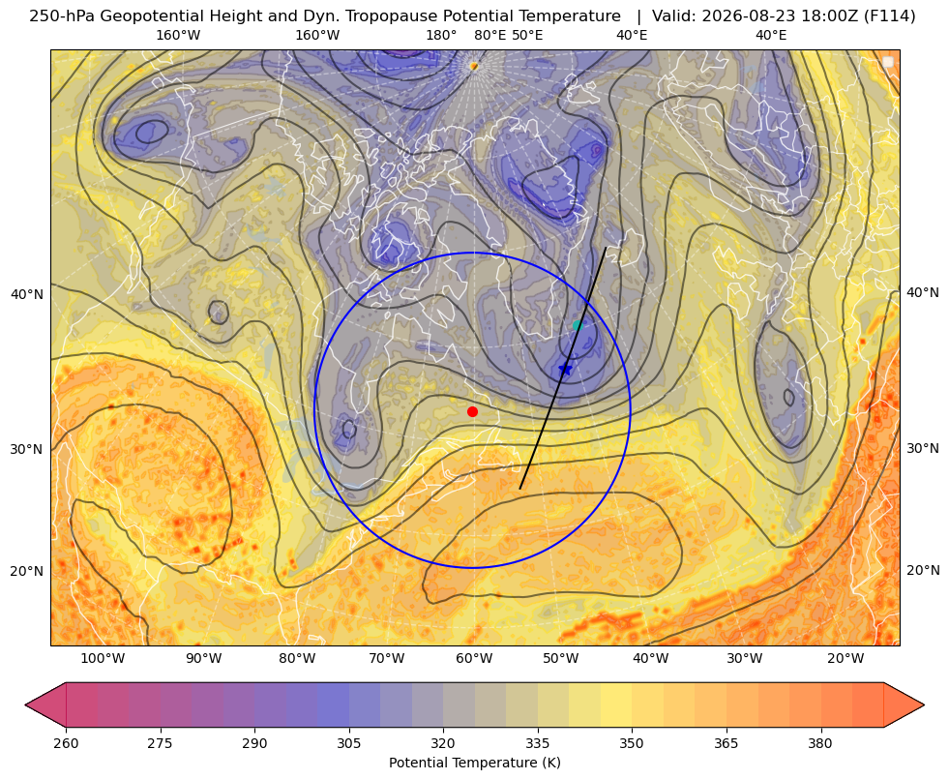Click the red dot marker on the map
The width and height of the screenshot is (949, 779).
473,411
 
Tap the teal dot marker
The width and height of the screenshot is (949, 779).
578,325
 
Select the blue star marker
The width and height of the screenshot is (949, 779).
565,369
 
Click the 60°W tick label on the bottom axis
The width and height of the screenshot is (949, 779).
474,659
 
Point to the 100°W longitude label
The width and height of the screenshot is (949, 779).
103,659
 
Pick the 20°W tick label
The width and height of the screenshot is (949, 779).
845,659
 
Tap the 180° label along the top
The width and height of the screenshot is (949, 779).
441,35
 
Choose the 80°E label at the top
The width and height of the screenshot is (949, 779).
489,35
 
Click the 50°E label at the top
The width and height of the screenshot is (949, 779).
527,35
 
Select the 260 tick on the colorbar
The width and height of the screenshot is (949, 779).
66,743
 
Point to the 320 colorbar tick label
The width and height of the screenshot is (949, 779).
443,743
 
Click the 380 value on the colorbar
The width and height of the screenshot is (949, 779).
820,743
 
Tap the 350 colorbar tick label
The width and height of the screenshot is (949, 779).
632,743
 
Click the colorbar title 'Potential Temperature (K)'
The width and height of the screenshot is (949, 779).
474,763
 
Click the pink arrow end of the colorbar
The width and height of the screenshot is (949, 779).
46,704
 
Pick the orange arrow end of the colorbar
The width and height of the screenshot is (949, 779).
904,704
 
